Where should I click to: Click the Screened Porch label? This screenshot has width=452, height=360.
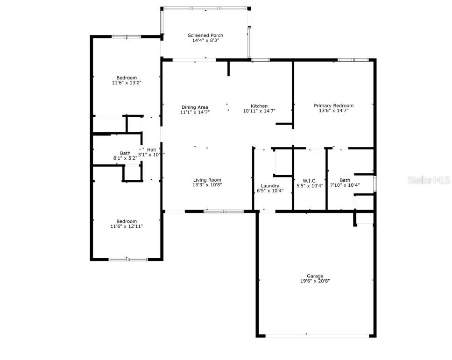point(205,35)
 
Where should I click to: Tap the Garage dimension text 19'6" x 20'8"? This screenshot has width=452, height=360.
point(315,281)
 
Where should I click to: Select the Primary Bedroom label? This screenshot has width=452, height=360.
point(333,106)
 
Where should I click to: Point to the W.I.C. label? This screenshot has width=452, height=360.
point(310,180)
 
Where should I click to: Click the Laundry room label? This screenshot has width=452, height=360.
point(270,186)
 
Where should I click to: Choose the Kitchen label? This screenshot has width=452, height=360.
point(259,106)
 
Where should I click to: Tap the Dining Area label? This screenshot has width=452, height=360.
point(195,107)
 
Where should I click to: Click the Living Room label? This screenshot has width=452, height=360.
point(207,180)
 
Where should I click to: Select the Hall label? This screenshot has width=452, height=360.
point(152,149)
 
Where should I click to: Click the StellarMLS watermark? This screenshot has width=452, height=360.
point(428,180)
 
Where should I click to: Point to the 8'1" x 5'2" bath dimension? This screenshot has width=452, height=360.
point(125,158)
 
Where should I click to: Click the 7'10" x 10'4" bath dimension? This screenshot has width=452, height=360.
point(345,185)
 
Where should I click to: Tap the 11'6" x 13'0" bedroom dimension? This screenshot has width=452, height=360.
point(127,83)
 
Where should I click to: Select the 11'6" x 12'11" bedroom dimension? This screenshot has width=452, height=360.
point(127,226)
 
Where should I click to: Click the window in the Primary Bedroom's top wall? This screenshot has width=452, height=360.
point(353,60)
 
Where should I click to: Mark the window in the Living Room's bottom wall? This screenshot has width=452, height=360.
point(223,212)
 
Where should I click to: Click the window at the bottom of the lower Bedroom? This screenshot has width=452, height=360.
point(128,259)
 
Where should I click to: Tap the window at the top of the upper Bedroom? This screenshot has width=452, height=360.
point(126,36)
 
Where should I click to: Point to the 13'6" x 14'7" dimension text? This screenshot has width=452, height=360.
point(333,111)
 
